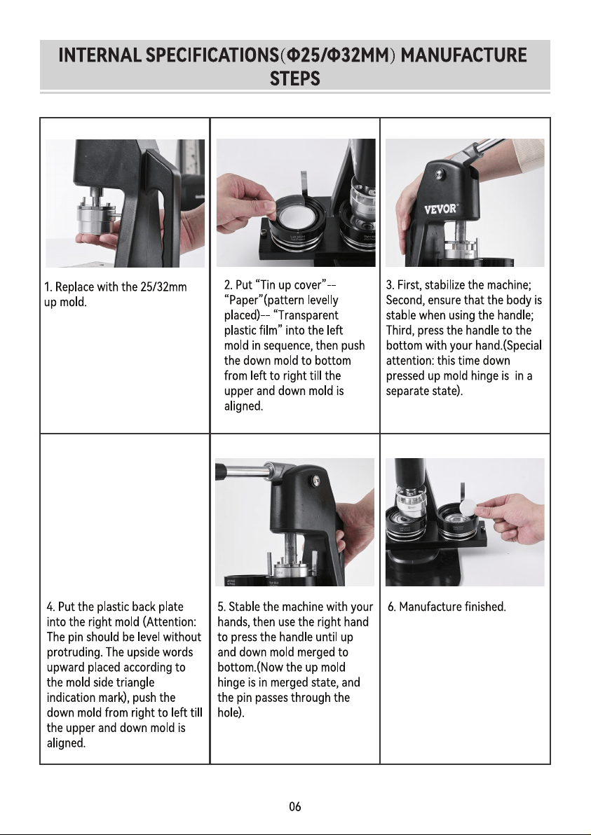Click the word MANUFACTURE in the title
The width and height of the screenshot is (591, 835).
463,55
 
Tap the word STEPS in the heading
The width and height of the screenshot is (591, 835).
294,79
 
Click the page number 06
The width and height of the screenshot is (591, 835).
294,806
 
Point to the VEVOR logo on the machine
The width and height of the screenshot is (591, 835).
441,208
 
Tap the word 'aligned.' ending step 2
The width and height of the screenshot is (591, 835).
243,406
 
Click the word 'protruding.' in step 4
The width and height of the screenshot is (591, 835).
74,652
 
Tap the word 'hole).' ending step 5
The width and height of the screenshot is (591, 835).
231,712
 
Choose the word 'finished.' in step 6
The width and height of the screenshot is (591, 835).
485,607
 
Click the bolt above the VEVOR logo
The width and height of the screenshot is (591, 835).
439,172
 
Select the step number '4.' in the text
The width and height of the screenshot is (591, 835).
51,607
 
